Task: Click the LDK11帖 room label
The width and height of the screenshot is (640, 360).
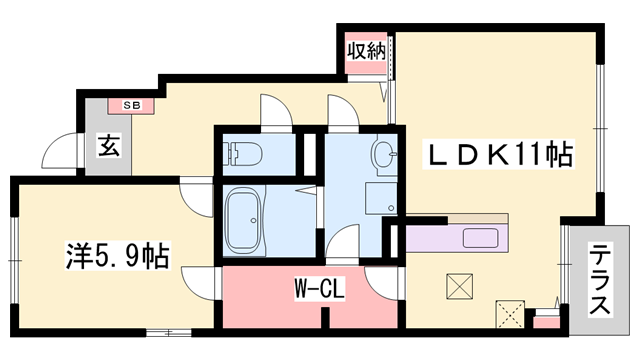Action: [x=501, y=156]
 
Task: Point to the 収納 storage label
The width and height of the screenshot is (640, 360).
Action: [x=366, y=49]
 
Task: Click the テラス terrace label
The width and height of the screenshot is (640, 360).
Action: [x=600, y=281]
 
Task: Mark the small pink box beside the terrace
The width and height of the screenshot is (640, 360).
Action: [x=546, y=321]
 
